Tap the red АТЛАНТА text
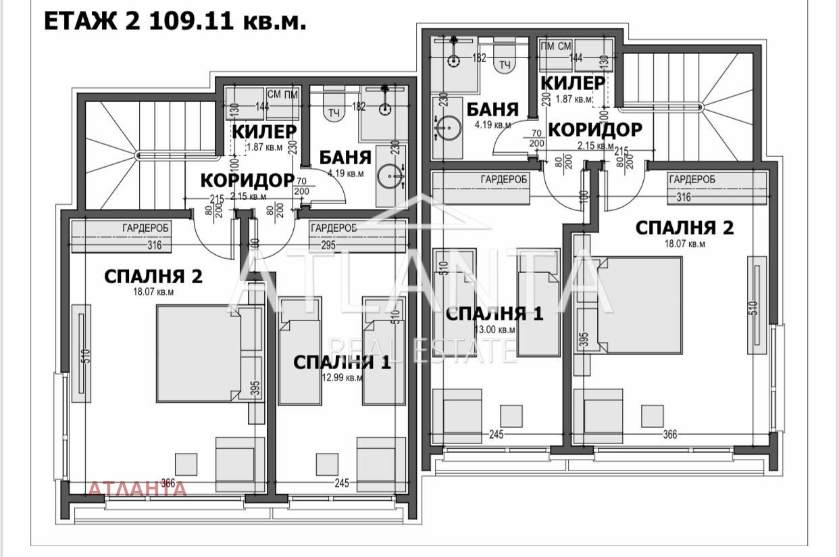[137, 489]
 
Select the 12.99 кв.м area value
[342, 379]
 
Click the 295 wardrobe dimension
[328, 245]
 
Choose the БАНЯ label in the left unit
[345, 158]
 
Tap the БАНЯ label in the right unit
[492, 110]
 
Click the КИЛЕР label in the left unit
[263, 131]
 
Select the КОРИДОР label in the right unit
[594, 129]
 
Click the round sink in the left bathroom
[390, 176]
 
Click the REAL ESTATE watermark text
[419, 351]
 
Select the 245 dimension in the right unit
[496, 435]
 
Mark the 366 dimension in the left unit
[168, 483]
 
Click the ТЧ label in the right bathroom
[504, 65]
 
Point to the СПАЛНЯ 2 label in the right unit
[684, 228]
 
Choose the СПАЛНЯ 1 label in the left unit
[342, 362]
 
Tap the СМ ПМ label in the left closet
[283, 94]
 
